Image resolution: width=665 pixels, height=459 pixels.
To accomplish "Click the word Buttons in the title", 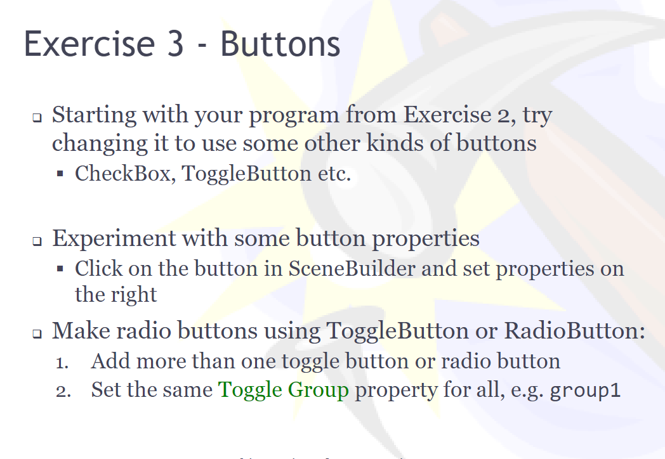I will click(280, 44).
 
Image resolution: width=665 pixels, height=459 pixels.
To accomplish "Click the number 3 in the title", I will click(173, 44).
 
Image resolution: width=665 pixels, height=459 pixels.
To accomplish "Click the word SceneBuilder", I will click(352, 269).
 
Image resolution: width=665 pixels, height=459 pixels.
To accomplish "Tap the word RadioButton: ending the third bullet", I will click(574, 330).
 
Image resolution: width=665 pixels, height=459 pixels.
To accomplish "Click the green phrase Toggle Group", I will click(284, 390).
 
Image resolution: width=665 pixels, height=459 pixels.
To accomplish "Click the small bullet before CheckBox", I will click(60, 174).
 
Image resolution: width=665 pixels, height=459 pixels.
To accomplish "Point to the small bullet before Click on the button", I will click(60, 269).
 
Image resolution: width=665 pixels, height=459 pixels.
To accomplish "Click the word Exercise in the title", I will click(89, 44).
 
